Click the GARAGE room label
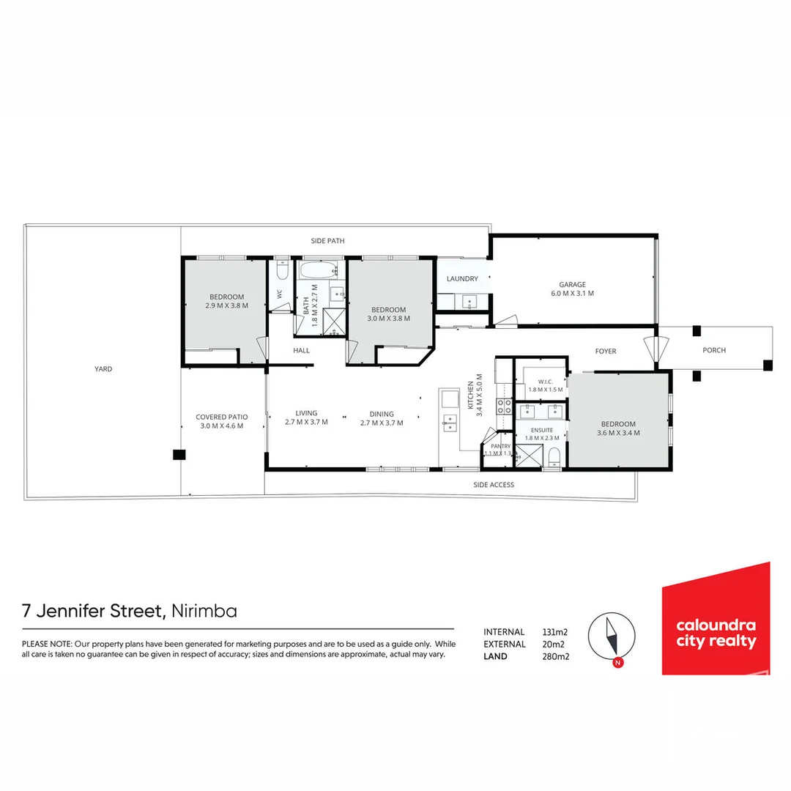click(572, 284)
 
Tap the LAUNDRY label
click(462, 278)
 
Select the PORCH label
click(714, 350)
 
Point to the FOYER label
click(606, 351)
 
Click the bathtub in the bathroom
click(319, 270)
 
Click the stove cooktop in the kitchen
click(504, 406)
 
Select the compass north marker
click(618, 663)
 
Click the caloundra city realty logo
click(716, 620)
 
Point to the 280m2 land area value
click(555, 656)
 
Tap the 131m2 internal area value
click(554, 631)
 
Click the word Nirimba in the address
click(204, 611)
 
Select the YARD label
click(103, 368)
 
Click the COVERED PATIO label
click(221, 417)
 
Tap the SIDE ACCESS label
click(494, 485)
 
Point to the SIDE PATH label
click(327, 241)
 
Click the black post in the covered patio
click(179, 455)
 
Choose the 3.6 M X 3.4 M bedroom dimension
click(618, 433)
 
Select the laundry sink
click(469, 302)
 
